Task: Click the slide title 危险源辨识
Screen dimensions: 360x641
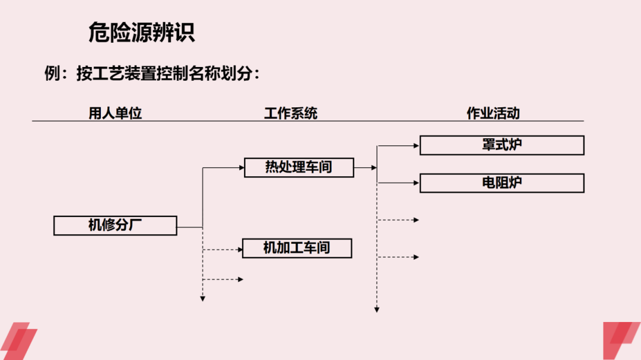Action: point(141,33)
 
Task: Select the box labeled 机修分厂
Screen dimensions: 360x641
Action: point(115,225)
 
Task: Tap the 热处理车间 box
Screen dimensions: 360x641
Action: point(299,167)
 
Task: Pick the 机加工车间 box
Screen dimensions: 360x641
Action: point(297,248)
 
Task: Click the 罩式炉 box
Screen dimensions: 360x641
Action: point(502,145)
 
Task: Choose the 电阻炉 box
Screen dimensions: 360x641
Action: point(502,183)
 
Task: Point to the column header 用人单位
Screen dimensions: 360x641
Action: point(115,113)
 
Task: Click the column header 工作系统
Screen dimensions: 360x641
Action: point(290,113)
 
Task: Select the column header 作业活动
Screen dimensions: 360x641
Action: point(493,113)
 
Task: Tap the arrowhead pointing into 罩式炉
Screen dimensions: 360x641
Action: point(416,145)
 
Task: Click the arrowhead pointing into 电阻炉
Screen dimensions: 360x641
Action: point(416,183)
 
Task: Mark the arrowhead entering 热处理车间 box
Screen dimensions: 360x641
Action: point(241,168)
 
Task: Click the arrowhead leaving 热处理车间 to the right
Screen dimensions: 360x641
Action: point(374,168)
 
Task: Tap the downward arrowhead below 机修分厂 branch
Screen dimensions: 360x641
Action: point(202,299)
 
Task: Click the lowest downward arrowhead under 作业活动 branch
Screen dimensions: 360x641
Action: point(377,309)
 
